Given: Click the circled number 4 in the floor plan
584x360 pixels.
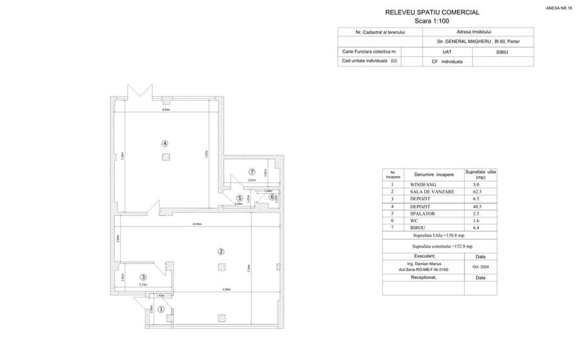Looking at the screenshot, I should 165,143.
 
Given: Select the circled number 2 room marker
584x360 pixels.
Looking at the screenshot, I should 221,252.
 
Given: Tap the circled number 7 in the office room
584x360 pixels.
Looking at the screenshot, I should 252,172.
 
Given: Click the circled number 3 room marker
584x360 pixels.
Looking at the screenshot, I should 143,277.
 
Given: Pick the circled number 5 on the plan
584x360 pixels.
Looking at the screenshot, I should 239,198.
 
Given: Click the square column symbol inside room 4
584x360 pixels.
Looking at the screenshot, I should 166,157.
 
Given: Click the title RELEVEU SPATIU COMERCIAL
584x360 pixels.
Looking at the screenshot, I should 432,12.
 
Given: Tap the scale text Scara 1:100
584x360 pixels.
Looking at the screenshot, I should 432,21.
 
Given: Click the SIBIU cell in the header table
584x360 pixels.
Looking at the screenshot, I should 503,51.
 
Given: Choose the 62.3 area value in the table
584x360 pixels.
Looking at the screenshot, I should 477,192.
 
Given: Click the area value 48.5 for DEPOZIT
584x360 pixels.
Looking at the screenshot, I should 477,206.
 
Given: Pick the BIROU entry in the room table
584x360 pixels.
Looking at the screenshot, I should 419,228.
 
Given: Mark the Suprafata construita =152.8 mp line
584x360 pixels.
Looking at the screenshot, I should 441,246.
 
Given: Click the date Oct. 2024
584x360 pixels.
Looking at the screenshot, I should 480,267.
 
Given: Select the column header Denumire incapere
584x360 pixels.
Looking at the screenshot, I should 432,174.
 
